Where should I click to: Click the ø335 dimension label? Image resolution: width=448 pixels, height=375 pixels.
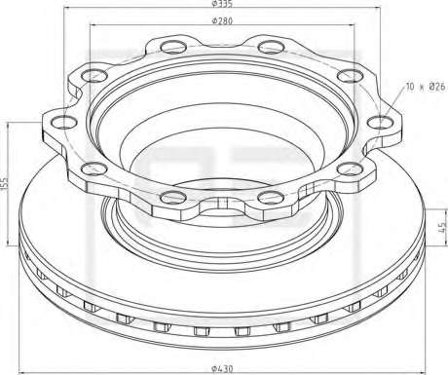(x=222, y=4)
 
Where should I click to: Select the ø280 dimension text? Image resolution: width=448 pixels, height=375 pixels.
(x=222, y=21)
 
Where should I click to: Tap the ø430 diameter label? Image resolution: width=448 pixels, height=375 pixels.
(x=222, y=369)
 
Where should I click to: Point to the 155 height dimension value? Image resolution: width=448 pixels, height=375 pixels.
(x=4, y=183)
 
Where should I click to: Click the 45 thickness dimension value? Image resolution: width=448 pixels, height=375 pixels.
(x=442, y=227)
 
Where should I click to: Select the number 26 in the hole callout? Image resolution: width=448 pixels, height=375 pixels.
(x=439, y=87)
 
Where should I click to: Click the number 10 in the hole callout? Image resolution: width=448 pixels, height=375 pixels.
(x=410, y=87)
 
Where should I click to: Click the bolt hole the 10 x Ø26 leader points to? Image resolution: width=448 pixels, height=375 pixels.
(x=380, y=123)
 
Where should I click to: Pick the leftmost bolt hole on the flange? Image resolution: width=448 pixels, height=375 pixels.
(x=64, y=123)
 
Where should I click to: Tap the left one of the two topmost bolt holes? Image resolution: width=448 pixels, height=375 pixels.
(x=174, y=47)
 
